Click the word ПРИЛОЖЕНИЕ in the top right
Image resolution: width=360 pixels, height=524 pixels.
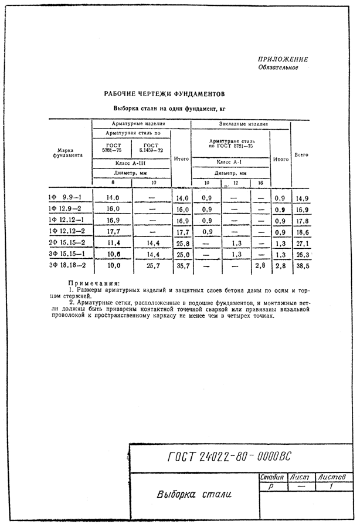(283, 60)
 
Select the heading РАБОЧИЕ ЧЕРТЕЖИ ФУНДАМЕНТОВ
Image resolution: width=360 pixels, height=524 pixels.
(164, 94)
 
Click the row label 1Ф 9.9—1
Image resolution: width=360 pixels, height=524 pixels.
(65, 198)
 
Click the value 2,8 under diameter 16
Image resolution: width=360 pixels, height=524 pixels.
(260, 265)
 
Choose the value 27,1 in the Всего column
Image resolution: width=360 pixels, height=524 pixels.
(302, 242)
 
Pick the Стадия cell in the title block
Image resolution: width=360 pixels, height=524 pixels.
(271, 478)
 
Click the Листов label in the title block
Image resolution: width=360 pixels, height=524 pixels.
(334, 478)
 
